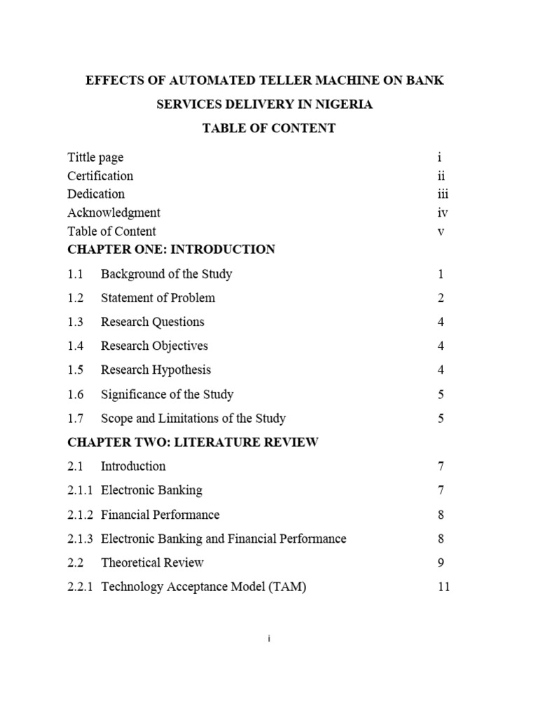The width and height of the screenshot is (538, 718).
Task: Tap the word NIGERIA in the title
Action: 342,104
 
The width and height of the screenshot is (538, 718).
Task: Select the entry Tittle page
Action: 95,158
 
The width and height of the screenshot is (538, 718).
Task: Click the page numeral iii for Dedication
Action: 442,194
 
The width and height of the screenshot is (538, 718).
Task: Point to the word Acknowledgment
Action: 113,212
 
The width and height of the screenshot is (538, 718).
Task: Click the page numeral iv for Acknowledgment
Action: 442,212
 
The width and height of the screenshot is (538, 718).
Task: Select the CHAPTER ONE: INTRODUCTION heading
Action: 171,249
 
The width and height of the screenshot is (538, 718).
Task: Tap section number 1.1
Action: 75,274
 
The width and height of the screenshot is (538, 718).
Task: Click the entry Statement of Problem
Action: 158,298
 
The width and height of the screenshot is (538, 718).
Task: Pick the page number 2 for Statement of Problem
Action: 441,298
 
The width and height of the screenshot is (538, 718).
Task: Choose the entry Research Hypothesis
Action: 156,370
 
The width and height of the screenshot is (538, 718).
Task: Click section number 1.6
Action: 75,394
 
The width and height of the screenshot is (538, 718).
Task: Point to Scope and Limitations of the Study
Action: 193,419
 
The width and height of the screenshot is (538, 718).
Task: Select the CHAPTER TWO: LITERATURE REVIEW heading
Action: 193,442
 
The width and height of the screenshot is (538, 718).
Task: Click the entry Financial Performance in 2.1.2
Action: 160,515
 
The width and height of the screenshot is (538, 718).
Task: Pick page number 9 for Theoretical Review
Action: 441,562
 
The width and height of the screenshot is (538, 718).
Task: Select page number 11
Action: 443,587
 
